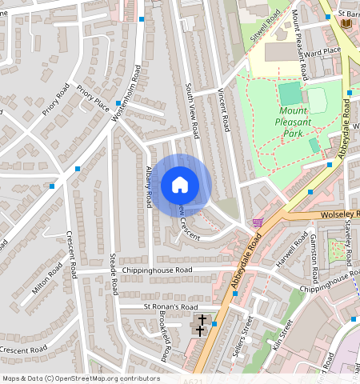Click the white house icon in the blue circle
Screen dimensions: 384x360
pyautogui.click(x=180, y=185)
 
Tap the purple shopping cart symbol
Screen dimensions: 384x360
pyautogui.click(x=258, y=222)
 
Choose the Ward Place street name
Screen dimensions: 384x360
pyautogui.click(x=322, y=51)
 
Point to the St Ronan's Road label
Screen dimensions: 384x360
pyautogui.click(x=170, y=306)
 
